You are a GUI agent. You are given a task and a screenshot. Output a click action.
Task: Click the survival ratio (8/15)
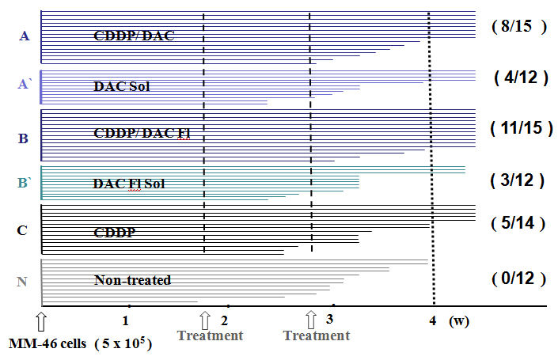click(519, 26)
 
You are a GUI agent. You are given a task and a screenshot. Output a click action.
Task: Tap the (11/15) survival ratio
click(520, 127)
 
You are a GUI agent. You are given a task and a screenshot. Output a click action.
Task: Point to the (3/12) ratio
click(518, 180)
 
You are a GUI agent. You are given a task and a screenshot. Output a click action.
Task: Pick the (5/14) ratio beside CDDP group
click(519, 224)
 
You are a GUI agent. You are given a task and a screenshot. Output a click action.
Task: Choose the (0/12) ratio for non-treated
click(518, 279)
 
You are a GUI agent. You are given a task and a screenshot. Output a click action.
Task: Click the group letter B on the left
click(24, 139)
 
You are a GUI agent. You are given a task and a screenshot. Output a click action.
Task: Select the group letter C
click(23, 230)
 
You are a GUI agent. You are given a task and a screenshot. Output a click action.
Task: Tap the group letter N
click(24, 281)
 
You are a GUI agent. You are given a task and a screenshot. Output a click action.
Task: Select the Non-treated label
click(132, 280)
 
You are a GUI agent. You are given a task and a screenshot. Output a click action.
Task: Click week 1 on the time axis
click(126, 321)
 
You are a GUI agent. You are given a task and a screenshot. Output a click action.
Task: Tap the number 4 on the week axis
click(432, 321)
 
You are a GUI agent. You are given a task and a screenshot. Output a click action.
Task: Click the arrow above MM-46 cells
click(41, 320)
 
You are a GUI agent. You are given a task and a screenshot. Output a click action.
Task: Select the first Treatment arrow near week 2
click(205, 320)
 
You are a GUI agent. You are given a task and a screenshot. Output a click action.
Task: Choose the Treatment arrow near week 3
click(311, 320)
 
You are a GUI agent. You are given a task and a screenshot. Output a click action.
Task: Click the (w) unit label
click(458, 321)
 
